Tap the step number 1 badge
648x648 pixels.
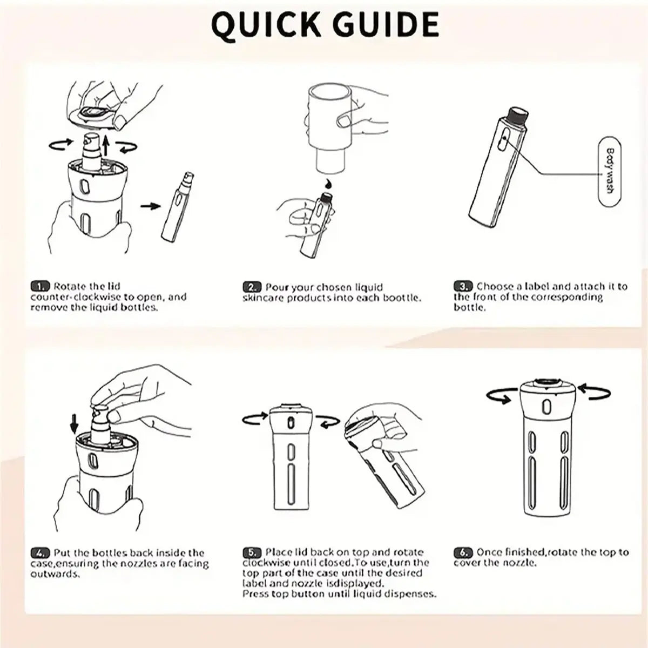coord(40,286)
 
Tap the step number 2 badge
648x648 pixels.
coord(252,287)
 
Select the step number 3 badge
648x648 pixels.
coord(463,286)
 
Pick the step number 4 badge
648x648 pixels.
coord(40,553)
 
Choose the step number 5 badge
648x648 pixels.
coord(252,552)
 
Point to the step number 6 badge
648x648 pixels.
coord(463,552)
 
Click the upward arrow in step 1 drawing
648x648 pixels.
coord(106,146)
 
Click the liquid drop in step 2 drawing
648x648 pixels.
coord(326,184)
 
